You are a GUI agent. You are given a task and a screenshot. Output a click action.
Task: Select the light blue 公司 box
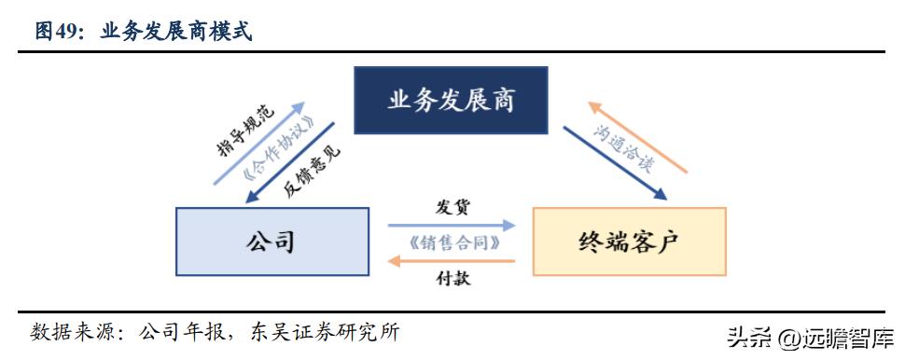click(x=270, y=241)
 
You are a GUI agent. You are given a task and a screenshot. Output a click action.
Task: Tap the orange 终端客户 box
click(x=628, y=241)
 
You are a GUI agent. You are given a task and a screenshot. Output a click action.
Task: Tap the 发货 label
click(x=451, y=206)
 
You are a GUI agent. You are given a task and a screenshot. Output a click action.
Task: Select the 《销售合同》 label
click(x=451, y=242)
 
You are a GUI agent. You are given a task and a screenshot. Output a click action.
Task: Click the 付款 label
click(x=451, y=277)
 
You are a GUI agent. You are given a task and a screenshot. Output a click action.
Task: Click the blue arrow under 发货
click(x=452, y=225)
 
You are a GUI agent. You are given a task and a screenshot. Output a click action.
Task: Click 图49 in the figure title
click(x=58, y=32)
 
